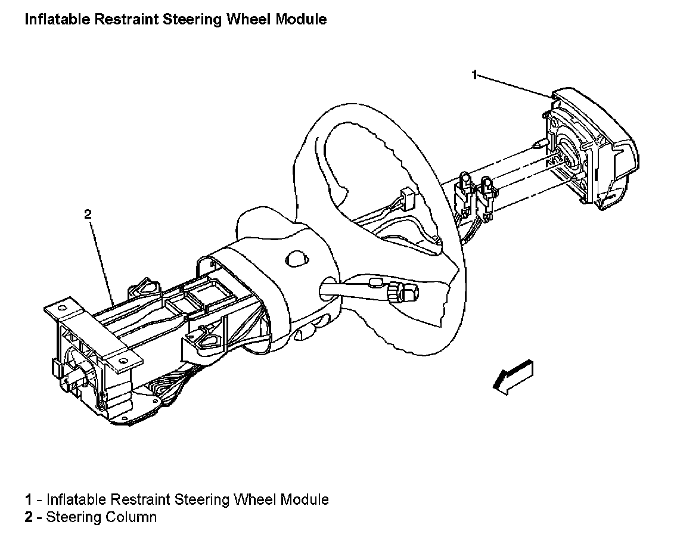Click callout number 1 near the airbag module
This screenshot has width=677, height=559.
(474, 75)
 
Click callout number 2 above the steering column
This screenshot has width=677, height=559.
(88, 215)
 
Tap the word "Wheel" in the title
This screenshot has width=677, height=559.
(251, 19)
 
